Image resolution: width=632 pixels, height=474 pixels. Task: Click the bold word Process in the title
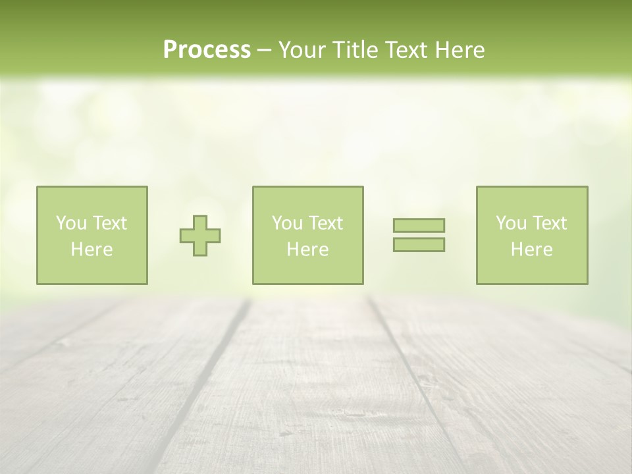207,50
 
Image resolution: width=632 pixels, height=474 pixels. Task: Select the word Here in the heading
459,50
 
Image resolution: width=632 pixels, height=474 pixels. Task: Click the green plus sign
200,236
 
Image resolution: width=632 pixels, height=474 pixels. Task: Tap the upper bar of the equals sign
419,225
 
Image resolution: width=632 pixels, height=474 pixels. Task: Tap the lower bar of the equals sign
419,244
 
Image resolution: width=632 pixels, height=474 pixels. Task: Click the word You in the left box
70,223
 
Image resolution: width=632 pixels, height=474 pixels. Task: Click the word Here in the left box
92,250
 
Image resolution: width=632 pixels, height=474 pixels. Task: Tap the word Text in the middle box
326,223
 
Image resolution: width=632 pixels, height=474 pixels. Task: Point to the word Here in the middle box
307,250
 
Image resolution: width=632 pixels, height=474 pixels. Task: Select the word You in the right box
510,223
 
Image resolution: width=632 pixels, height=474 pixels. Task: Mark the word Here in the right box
531,250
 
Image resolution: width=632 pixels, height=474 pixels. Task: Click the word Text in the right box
550,223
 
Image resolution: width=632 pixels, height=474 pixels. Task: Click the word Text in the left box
110,223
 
